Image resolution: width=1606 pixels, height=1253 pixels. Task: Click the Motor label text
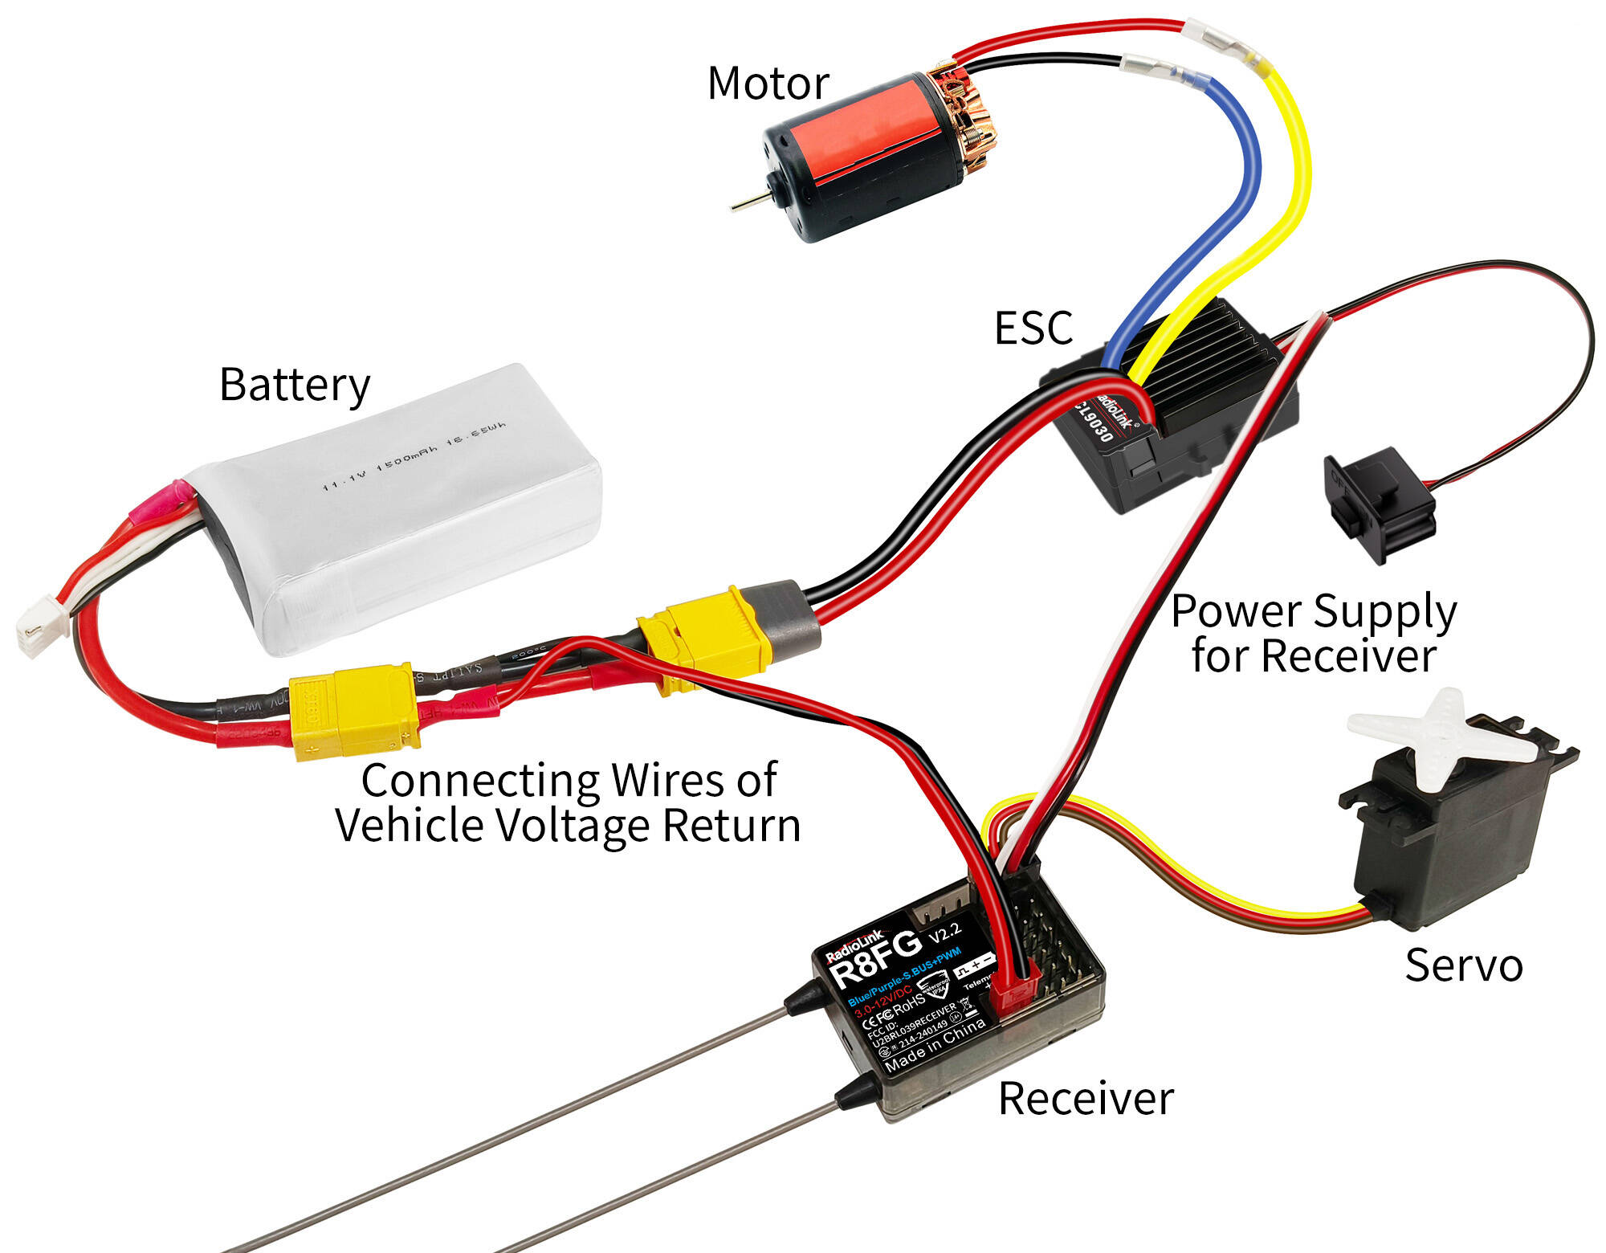point(768,84)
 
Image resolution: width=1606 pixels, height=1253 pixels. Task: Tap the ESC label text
point(1033,328)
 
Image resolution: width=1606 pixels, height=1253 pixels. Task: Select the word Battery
point(294,386)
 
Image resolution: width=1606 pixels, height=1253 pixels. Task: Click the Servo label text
point(1463,965)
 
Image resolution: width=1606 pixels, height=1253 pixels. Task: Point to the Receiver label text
point(1086,1099)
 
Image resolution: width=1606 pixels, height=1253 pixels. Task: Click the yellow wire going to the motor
point(1285,201)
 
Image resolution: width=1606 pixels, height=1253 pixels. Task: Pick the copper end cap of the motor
point(964,120)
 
